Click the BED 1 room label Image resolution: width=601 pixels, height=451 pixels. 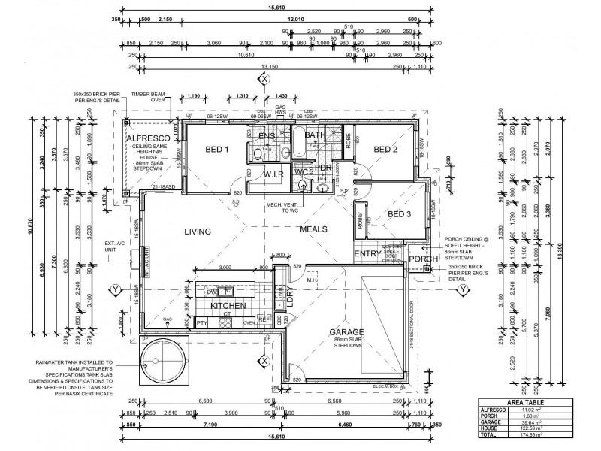click(x=216, y=150)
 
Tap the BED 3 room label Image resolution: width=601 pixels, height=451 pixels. click(x=400, y=214)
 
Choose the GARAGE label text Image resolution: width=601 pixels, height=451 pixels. click(x=346, y=331)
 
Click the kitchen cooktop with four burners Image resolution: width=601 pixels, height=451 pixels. click(x=225, y=322)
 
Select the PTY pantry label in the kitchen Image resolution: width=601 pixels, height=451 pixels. click(x=201, y=322)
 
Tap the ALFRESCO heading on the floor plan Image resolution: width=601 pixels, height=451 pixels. click(x=146, y=140)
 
